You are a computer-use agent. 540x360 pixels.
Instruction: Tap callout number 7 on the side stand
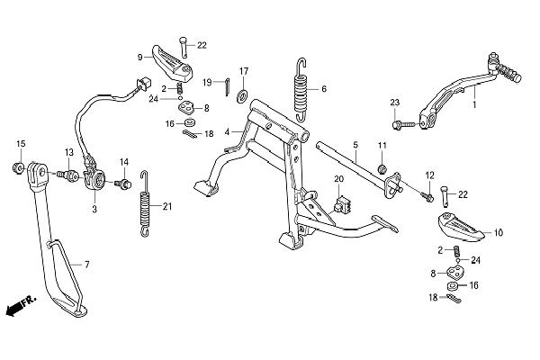tap(87, 265)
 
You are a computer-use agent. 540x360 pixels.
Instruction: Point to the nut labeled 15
tap(18, 167)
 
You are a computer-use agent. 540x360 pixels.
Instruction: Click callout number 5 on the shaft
tap(355, 144)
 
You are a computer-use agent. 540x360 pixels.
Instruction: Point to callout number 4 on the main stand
tap(229, 132)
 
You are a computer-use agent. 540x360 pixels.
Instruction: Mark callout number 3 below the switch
tap(94, 208)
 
